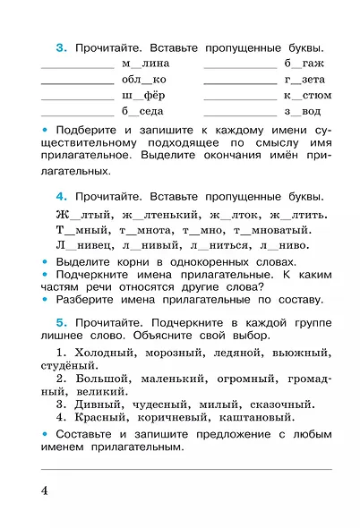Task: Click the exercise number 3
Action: tap(59, 47)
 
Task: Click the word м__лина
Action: tap(144, 64)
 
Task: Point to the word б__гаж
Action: tap(304, 64)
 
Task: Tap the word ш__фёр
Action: tap(143, 96)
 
